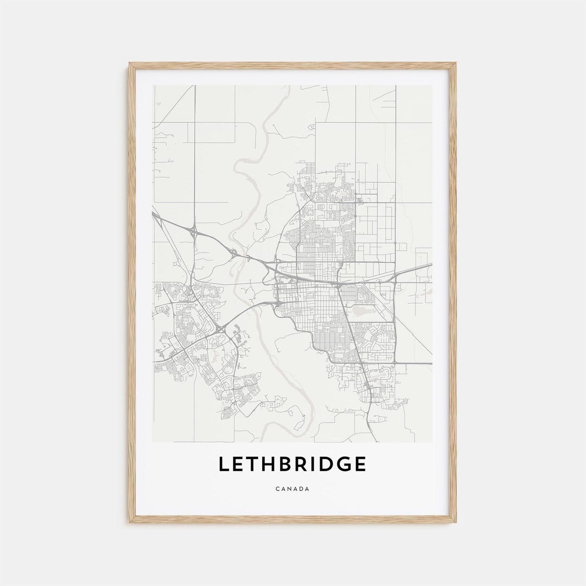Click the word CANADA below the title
292,489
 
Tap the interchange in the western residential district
220,328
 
